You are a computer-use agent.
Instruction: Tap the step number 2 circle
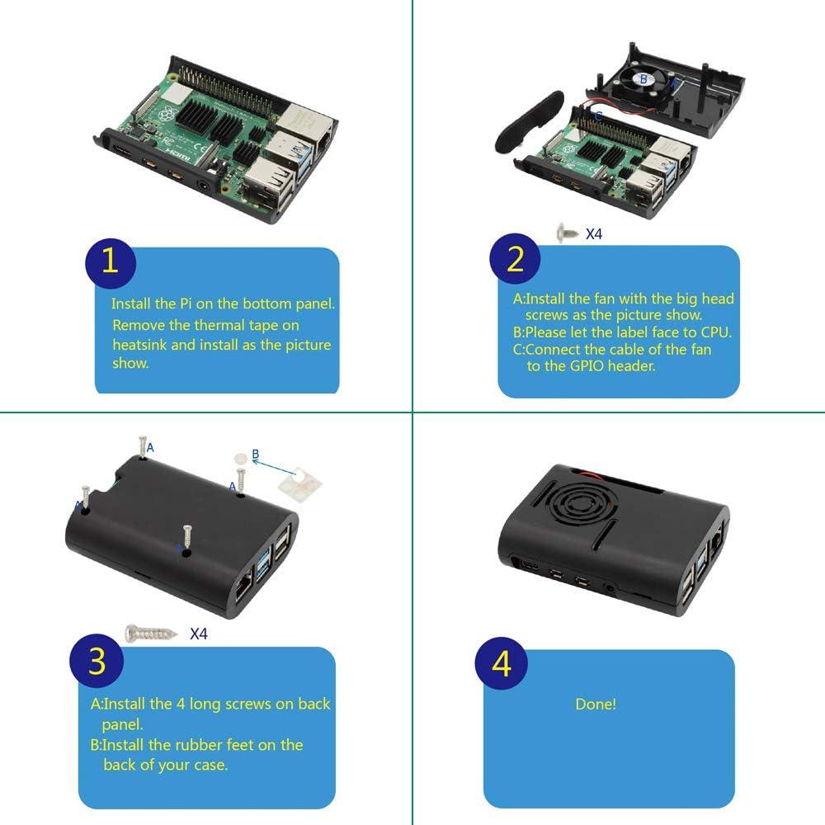click(x=515, y=259)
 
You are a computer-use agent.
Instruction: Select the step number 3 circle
click(x=97, y=662)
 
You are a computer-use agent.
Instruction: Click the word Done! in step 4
click(x=596, y=705)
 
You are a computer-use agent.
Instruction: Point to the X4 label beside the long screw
click(x=199, y=634)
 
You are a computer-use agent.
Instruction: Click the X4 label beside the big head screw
click(x=594, y=234)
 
